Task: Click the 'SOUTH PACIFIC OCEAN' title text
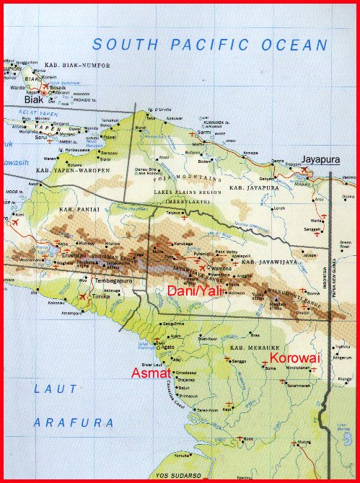click(x=211, y=45)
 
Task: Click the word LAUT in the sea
click(x=52, y=390)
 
